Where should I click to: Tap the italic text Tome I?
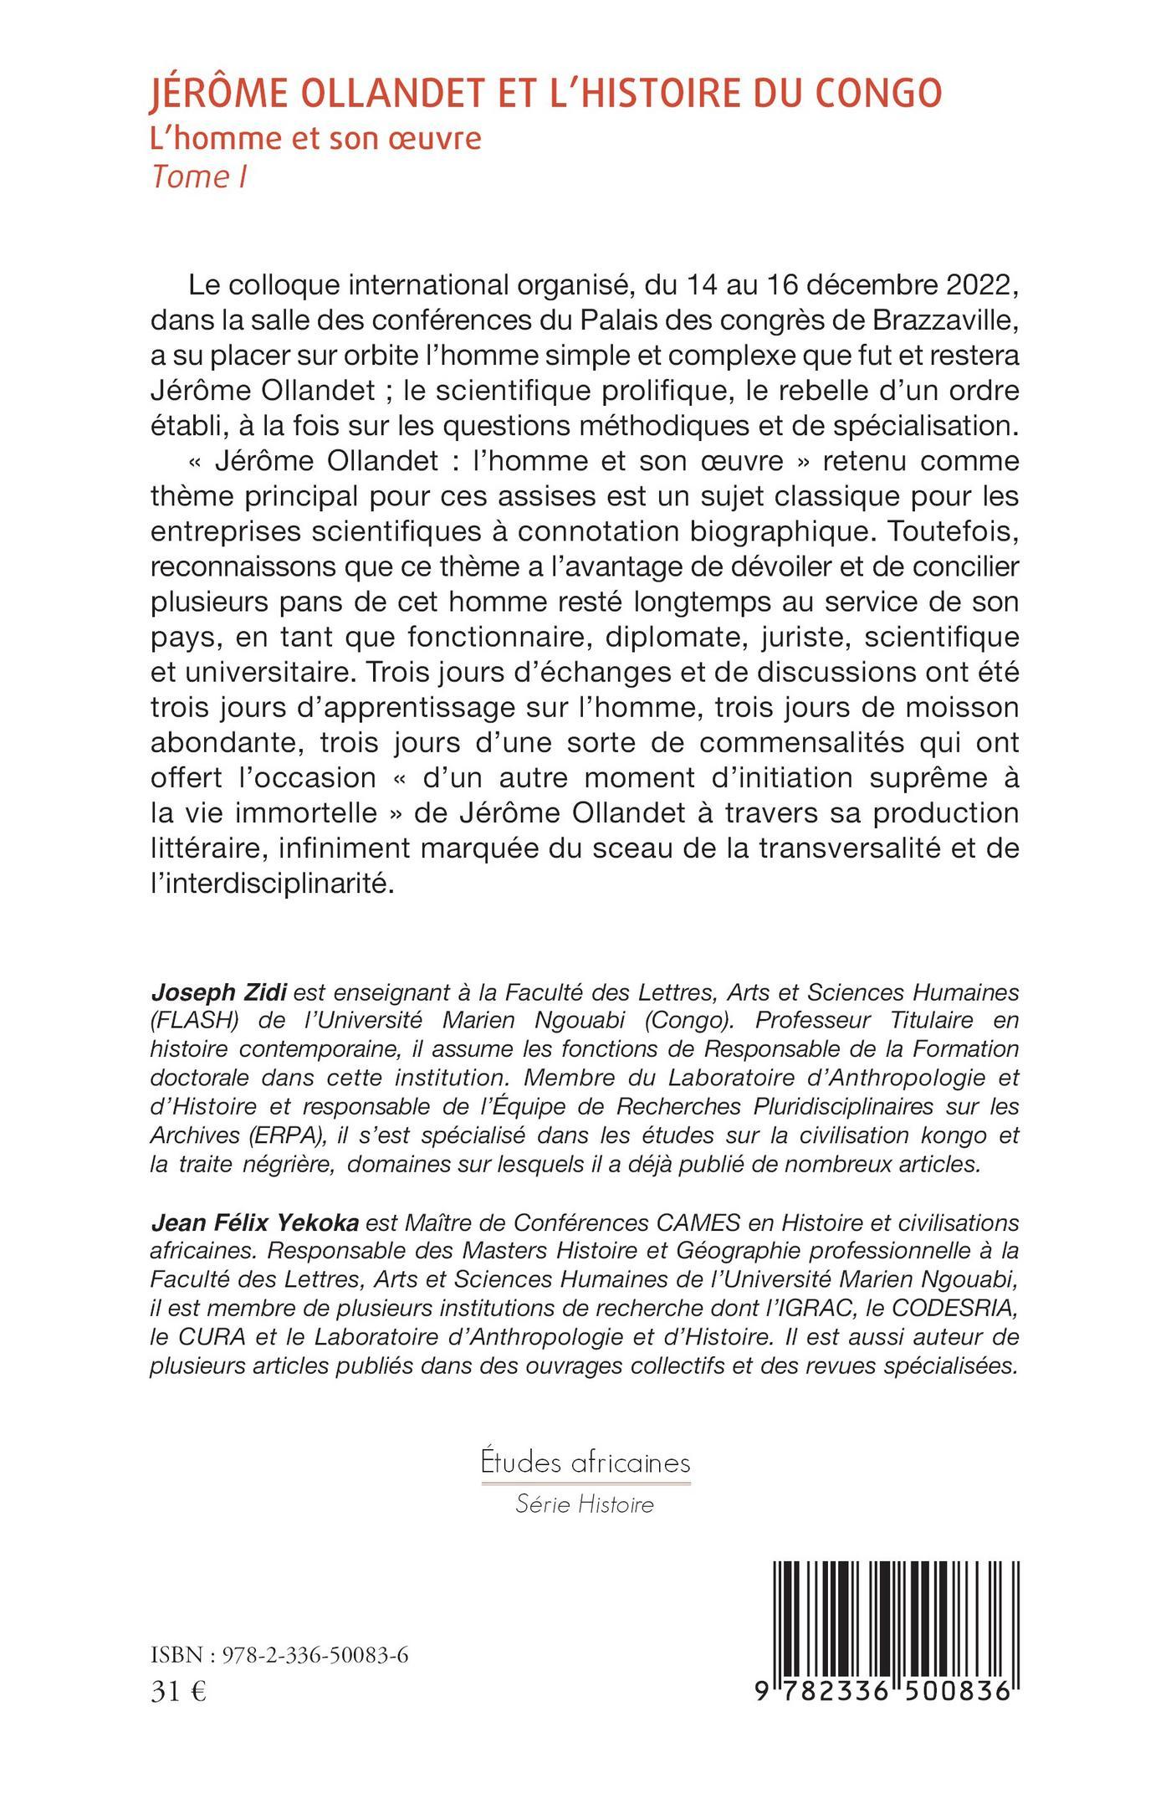(198, 177)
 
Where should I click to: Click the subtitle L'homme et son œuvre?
(315, 138)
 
